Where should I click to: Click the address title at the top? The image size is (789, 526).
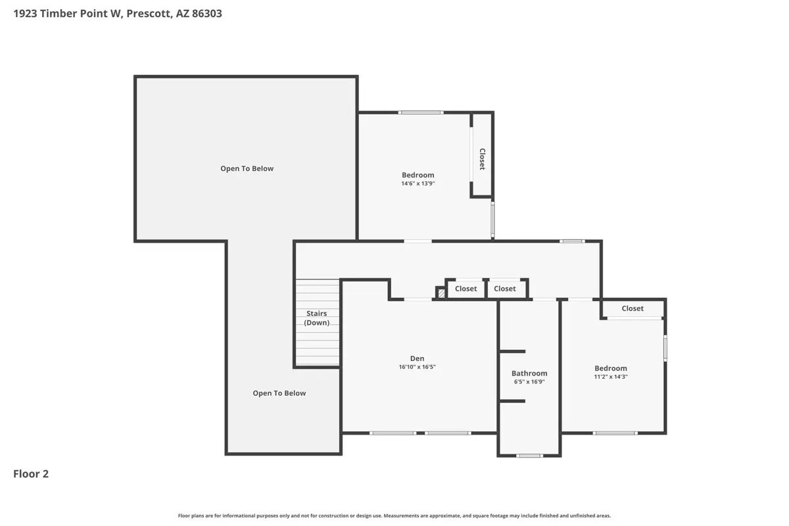coord(118,13)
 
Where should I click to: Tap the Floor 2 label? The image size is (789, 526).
coord(31,474)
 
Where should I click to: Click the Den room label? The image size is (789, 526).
coord(417,358)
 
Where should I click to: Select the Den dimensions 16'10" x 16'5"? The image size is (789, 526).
coord(417,367)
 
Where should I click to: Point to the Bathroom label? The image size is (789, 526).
coord(529,373)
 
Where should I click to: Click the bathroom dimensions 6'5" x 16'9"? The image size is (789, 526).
coord(529,381)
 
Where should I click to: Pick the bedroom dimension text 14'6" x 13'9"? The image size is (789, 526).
coord(418,183)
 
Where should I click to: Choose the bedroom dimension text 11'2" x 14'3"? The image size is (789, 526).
coord(611,377)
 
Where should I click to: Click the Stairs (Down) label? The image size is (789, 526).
coord(317,318)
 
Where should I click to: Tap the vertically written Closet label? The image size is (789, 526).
coord(483,159)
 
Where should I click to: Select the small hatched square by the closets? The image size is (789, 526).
coord(441,293)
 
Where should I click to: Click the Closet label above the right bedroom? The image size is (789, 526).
coord(633,308)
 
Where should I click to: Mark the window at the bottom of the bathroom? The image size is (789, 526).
coord(529,456)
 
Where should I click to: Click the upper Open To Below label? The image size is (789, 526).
coord(247,168)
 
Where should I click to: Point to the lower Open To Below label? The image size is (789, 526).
coord(279,393)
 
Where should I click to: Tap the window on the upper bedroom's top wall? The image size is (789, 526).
coord(421,112)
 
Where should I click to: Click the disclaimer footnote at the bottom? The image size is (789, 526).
coord(394,515)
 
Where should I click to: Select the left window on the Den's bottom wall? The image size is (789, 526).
coord(393,433)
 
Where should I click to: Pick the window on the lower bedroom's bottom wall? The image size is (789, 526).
coord(615,433)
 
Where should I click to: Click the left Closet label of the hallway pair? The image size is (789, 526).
coord(466,289)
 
